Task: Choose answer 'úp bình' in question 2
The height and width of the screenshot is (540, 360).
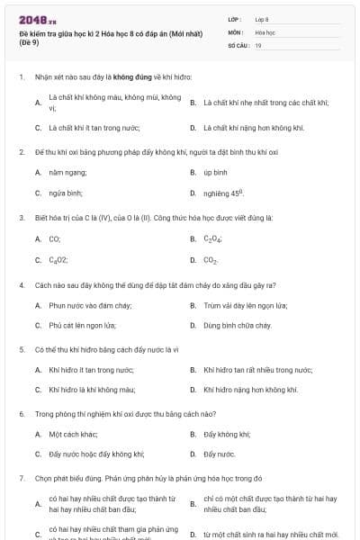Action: tap(214, 172)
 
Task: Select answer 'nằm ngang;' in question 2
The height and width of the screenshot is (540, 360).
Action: tap(67, 172)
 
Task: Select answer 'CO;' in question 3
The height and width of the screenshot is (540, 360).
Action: tap(55, 238)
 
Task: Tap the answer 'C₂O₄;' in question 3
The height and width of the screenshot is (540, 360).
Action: tap(213, 238)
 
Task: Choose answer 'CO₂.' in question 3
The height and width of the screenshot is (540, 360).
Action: tap(211, 260)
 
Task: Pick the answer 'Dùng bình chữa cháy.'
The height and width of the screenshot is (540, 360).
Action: tap(237, 326)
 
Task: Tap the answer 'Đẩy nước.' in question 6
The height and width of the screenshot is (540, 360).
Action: tap(219, 454)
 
